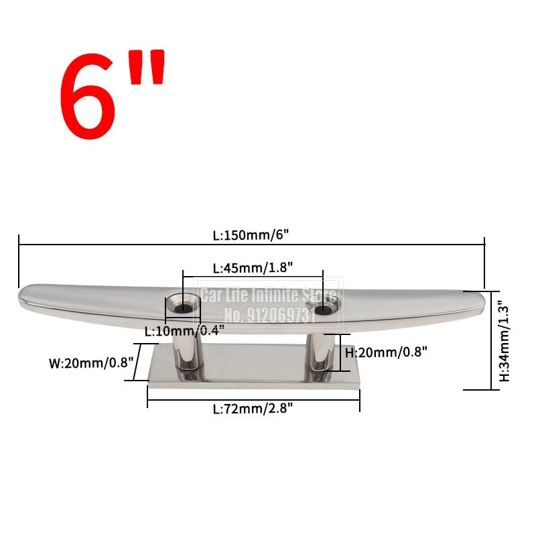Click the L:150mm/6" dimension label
click(x=251, y=235)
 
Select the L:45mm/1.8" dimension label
click(x=253, y=267)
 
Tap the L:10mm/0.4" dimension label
click(x=184, y=330)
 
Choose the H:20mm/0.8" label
click(x=385, y=351)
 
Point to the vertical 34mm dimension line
click(x=493, y=340)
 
